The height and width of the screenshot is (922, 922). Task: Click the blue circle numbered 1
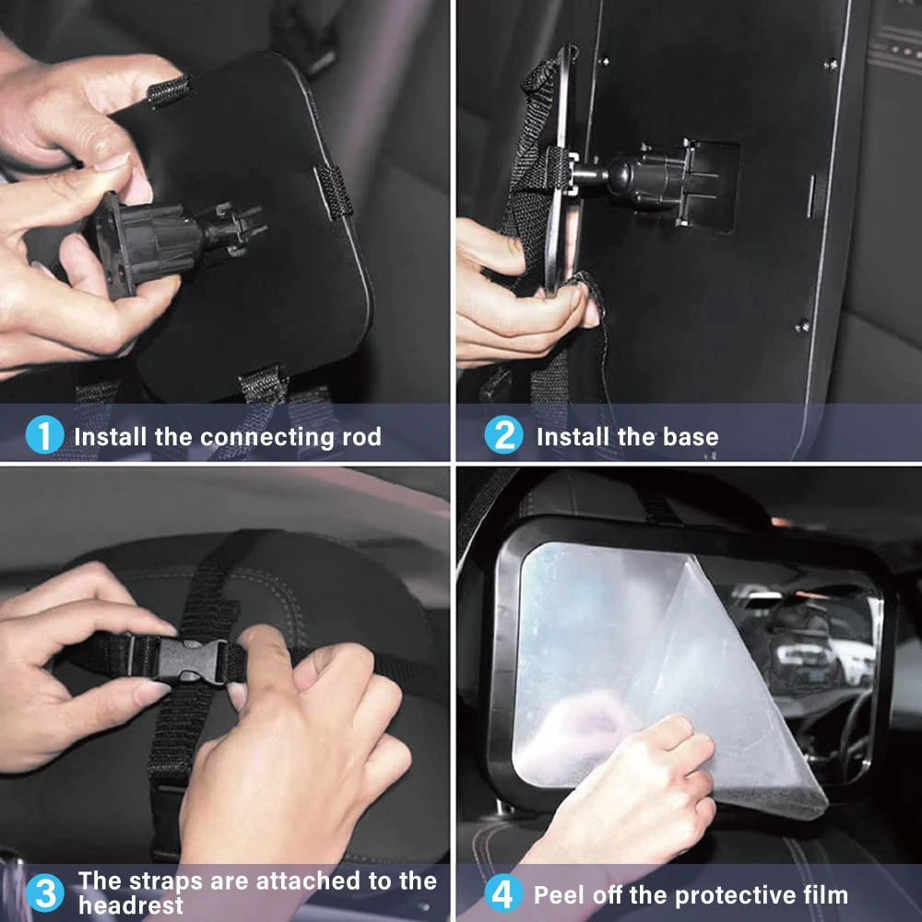pos(44,435)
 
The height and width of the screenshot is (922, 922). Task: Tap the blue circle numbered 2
pos(503,435)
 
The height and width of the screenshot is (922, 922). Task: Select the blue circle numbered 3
pos(44,893)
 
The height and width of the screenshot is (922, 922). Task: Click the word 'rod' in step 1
pos(361,436)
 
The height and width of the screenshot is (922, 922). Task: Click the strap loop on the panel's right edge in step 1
pos(333,191)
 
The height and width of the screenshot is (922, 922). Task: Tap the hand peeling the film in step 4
pos(645,793)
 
